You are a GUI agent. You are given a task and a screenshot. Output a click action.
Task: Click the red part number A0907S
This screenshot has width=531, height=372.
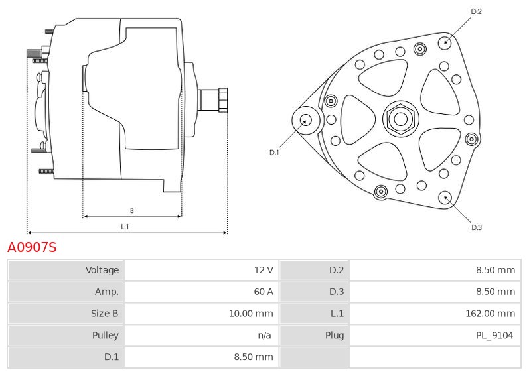pos(32,248)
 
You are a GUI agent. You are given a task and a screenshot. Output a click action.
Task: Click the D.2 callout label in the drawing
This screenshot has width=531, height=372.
pos(476,11)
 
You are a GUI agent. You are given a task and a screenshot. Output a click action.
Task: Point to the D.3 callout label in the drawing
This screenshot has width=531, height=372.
pos(476,227)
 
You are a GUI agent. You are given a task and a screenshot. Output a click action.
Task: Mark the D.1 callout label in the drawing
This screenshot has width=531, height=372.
pos(274,153)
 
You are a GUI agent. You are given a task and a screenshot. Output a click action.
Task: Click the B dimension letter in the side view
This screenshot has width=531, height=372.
pos(131,210)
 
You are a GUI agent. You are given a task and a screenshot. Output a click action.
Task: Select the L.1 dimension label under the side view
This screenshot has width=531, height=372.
pos(124,227)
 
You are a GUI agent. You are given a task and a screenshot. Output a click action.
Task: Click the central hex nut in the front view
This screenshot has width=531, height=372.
pos(400,119)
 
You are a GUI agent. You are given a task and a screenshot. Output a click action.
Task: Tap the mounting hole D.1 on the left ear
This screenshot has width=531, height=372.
pos(306,120)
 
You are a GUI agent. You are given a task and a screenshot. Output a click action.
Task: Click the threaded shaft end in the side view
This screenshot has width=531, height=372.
pos(214,100)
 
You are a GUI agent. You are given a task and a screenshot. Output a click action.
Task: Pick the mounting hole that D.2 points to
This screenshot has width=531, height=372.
pos(445,42)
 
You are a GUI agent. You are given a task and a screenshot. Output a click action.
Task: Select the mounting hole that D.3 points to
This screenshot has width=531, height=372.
pos(445,197)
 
